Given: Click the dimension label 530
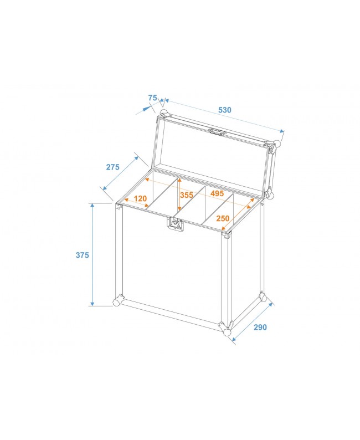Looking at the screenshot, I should [x=224, y=110].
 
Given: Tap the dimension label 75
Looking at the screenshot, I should [x=153, y=98].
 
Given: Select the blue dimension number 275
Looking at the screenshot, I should [x=113, y=167].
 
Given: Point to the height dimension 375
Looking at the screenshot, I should [x=83, y=255].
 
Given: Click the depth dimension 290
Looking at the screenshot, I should [x=260, y=327].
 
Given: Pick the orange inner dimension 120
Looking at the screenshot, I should [x=140, y=198].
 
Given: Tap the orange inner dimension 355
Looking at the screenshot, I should [x=187, y=195].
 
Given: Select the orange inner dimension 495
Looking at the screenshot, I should [x=217, y=193].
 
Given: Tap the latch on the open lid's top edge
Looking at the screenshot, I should [x=217, y=132].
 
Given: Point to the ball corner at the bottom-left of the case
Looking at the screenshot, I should [x=117, y=302].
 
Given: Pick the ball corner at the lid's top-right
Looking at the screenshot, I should [x=277, y=144].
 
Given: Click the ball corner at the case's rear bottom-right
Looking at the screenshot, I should [x=263, y=296].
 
